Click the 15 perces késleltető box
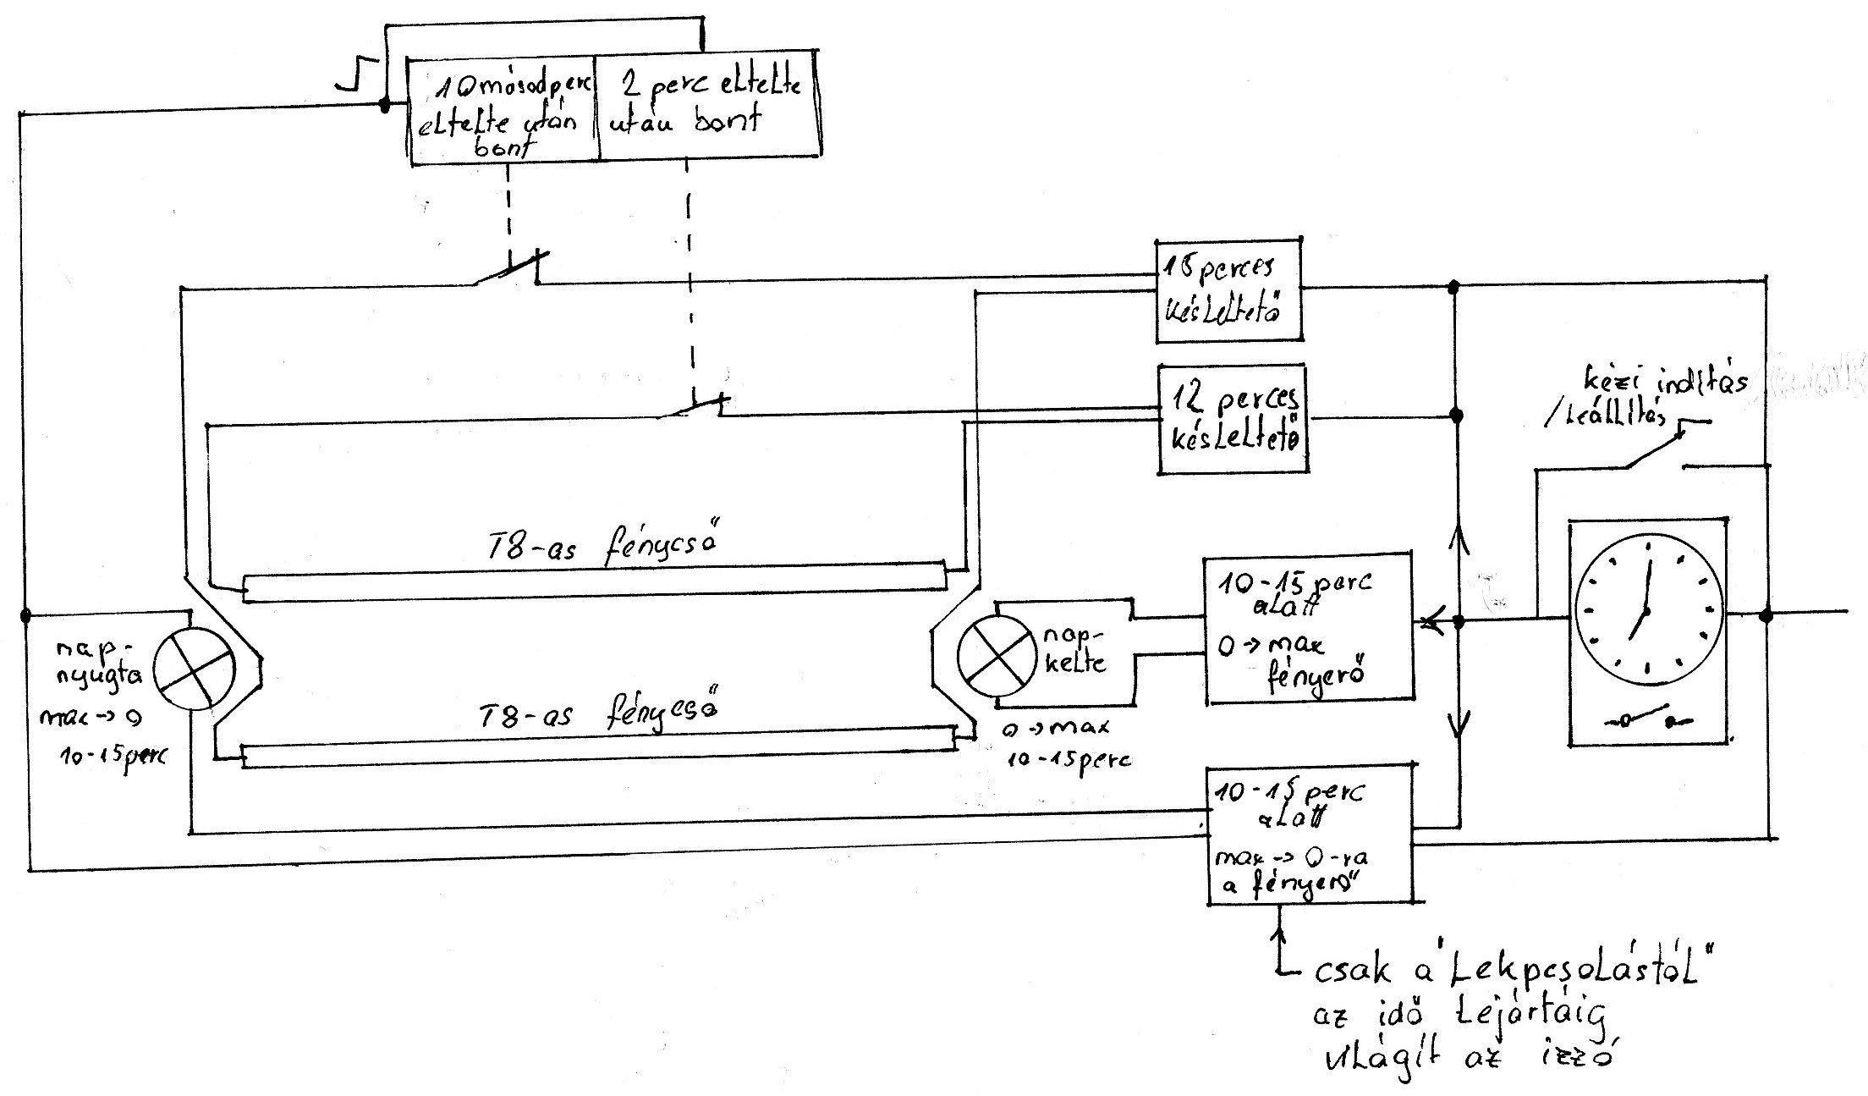click(x=1228, y=290)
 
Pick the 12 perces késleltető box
click(x=1231, y=418)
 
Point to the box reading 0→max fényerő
click(x=1308, y=627)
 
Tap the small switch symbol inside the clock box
click(x=1641, y=719)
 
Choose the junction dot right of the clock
click(x=1765, y=615)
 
